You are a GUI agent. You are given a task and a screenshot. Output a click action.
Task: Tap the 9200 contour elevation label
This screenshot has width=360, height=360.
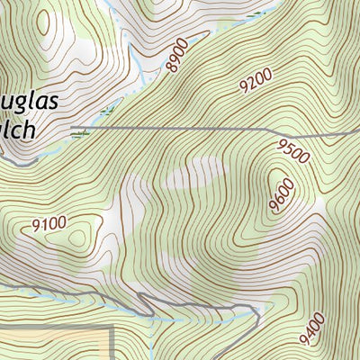click(256, 84)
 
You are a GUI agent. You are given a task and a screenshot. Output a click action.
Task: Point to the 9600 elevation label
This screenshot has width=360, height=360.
click(282, 195)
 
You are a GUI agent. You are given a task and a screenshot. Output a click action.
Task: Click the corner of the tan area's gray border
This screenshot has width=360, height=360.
click(112, 329)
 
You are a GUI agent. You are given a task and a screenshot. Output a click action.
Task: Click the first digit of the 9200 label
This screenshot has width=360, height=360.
click(244, 90)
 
